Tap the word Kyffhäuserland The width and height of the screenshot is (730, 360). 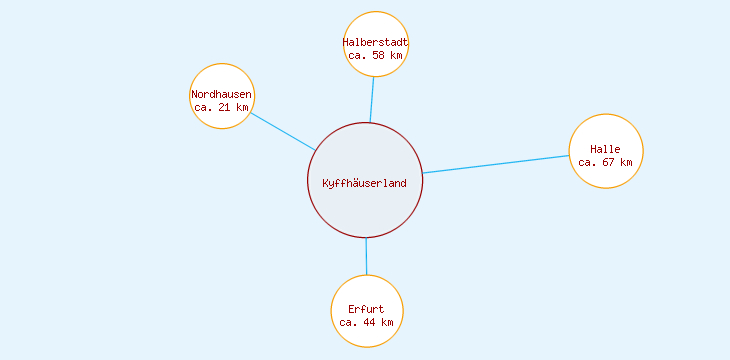coord(365,183)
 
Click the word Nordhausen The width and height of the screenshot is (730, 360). coord(222,95)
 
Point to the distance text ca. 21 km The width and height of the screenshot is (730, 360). coord(222,107)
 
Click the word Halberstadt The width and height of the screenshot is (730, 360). coord(376,43)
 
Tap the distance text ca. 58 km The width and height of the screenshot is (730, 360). coord(376,56)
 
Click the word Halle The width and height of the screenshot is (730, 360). coord(606,149)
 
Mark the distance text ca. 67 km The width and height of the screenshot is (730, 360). coord(606,162)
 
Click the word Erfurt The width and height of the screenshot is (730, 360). coord(367,309)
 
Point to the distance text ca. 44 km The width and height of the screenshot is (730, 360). coord(367,322)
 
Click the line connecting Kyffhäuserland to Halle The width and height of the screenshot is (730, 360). coord(496,164)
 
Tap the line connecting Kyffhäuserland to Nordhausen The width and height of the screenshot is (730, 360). coord(283,131)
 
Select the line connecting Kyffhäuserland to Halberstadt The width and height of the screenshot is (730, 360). coord(372,100)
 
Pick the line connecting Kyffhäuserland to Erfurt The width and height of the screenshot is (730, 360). coord(366,256)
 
